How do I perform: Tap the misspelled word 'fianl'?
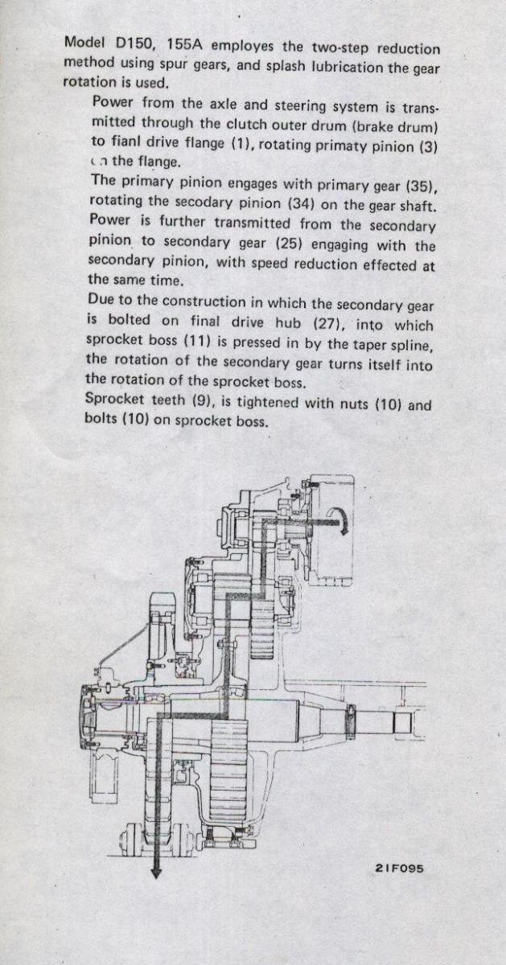pyautogui.click(x=125, y=142)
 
